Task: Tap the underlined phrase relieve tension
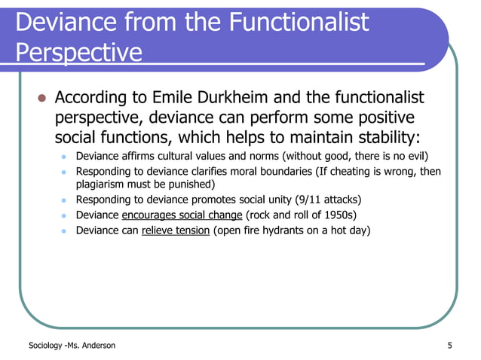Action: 175,230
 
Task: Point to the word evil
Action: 415,157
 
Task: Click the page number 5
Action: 449,346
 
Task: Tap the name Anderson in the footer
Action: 97,346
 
